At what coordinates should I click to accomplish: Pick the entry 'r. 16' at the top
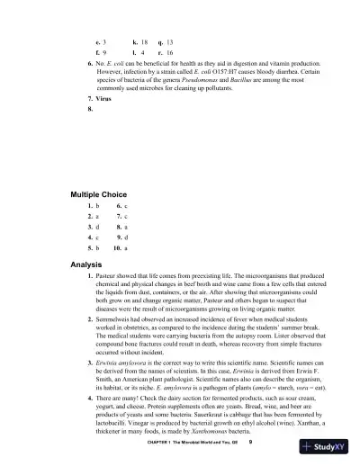tap(166, 53)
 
